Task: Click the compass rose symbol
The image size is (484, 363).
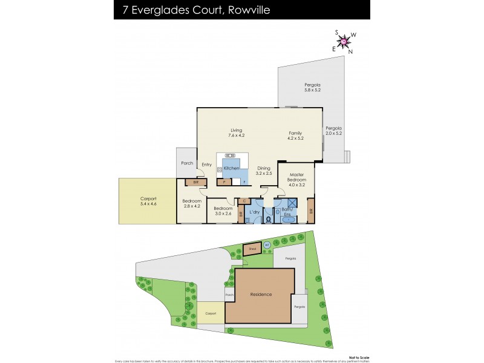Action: point(343,42)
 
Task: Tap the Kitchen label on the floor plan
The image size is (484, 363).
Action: point(231,168)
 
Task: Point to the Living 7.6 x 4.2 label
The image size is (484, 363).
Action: point(236,133)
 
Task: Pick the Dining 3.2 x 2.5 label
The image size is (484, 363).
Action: point(264,171)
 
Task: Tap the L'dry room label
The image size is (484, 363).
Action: point(254,212)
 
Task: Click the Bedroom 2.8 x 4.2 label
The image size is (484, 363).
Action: point(192,203)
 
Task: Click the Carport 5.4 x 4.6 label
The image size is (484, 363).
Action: point(148,201)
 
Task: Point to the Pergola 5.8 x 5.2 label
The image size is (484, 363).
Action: point(312,88)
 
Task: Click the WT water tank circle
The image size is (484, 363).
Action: point(267,245)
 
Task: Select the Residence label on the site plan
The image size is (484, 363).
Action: point(261,295)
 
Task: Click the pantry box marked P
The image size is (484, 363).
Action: point(223,181)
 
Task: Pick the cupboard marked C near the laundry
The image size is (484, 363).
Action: point(244,201)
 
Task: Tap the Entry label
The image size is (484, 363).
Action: point(207,165)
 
